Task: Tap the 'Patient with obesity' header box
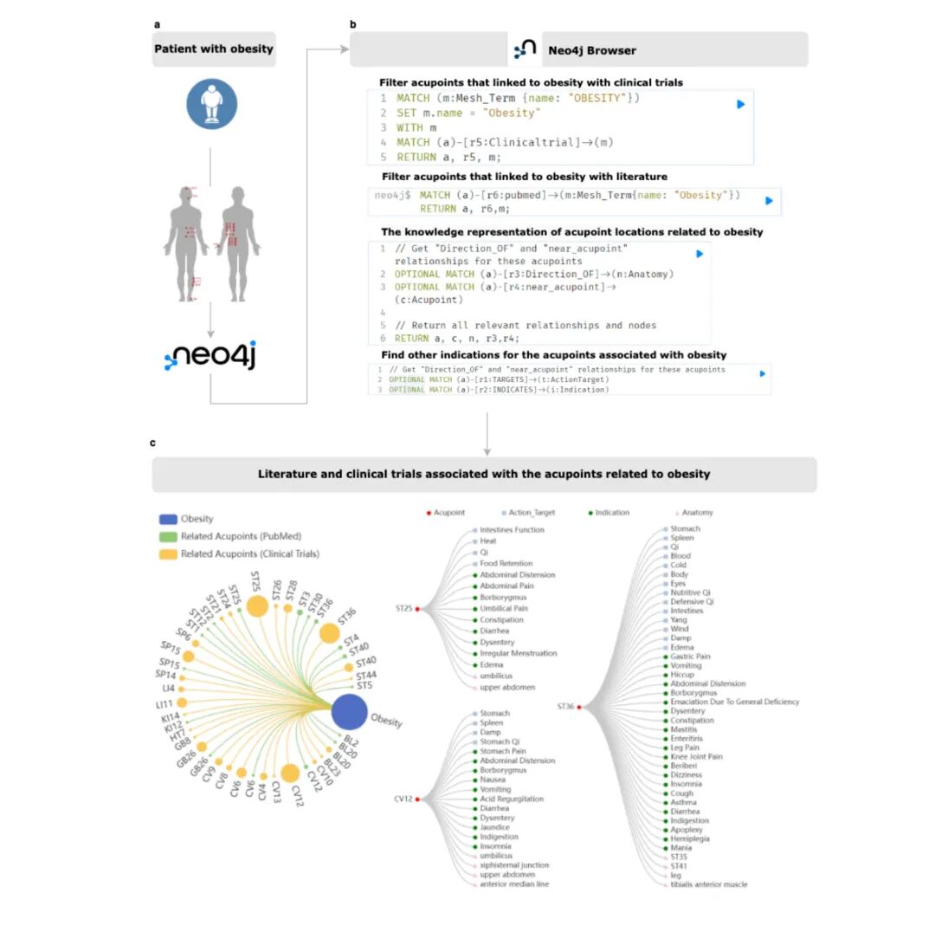[x=214, y=49]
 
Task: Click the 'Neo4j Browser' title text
[x=591, y=50]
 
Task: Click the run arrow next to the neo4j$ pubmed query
[x=769, y=200]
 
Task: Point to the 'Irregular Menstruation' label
[x=518, y=653]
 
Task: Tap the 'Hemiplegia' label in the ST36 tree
[x=690, y=838]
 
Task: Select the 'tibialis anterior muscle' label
[x=708, y=884]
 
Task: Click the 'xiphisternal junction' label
[x=513, y=865]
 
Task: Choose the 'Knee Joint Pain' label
[x=695, y=756]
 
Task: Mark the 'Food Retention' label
[x=506, y=563]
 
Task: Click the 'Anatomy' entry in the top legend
[x=697, y=513]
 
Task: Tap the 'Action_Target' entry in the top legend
[x=532, y=513]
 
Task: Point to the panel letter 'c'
[x=153, y=443]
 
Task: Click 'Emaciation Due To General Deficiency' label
[x=734, y=702]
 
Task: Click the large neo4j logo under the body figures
[x=210, y=356]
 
